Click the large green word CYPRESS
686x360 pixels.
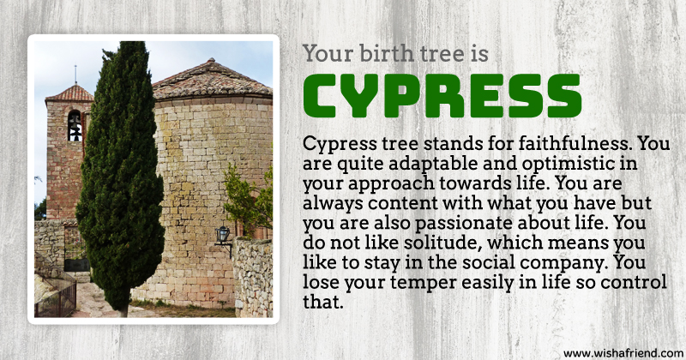tap(442, 96)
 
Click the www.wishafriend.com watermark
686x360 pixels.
tap(623, 353)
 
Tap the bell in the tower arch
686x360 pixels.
tap(75, 131)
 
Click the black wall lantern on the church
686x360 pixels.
tap(223, 235)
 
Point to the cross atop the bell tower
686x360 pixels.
tap(75, 75)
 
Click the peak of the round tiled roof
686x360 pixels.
tap(212, 60)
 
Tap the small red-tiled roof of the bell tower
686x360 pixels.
tap(70, 93)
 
